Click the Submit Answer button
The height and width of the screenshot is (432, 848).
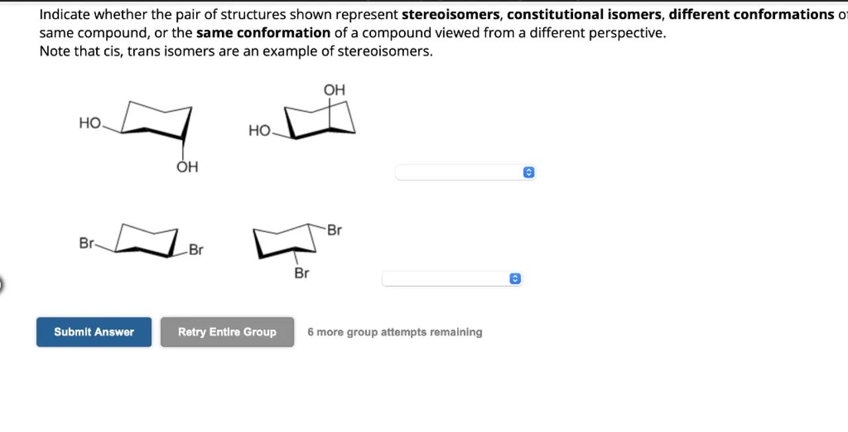pyautogui.click(x=94, y=332)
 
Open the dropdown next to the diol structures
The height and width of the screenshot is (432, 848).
pyautogui.click(x=465, y=172)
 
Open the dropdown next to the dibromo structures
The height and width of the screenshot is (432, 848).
pyautogui.click(x=452, y=279)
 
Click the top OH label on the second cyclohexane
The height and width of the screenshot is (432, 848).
pyautogui.click(x=335, y=90)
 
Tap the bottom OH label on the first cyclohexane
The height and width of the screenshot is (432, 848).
pyautogui.click(x=187, y=167)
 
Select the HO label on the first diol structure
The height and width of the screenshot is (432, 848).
pyautogui.click(x=89, y=123)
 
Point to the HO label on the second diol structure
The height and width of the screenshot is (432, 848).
pyautogui.click(x=259, y=131)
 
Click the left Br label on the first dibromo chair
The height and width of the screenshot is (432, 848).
pyautogui.click(x=86, y=243)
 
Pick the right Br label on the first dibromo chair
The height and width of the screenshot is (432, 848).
pyautogui.click(x=196, y=250)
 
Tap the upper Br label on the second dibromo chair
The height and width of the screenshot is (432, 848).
pyautogui.click(x=335, y=230)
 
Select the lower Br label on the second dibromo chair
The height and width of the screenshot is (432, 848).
pyautogui.click(x=301, y=274)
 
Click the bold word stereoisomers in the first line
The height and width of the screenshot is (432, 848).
pyautogui.click(x=450, y=15)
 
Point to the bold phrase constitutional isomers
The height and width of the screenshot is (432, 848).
pyautogui.click(x=584, y=15)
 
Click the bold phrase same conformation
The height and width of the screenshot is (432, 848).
pyautogui.click(x=263, y=33)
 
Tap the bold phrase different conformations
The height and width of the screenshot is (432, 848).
pyautogui.click(x=751, y=15)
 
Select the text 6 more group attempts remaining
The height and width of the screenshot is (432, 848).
pyautogui.click(x=395, y=332)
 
